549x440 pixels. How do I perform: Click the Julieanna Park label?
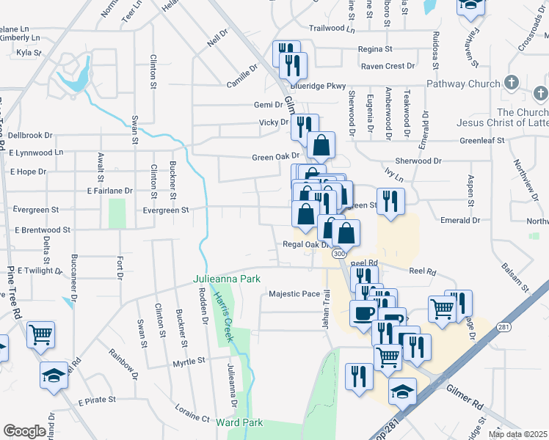227,279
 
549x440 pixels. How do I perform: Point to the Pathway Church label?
464,84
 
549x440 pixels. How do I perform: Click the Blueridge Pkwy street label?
324,86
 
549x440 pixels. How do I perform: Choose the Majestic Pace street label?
294,294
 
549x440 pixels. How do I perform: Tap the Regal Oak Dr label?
303,244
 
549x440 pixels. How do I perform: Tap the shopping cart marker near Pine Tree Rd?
41,335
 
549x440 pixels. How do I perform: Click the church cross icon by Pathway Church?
512,83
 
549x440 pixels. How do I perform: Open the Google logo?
24,430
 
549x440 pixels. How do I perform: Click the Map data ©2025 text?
517,434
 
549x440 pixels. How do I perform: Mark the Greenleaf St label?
482,140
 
